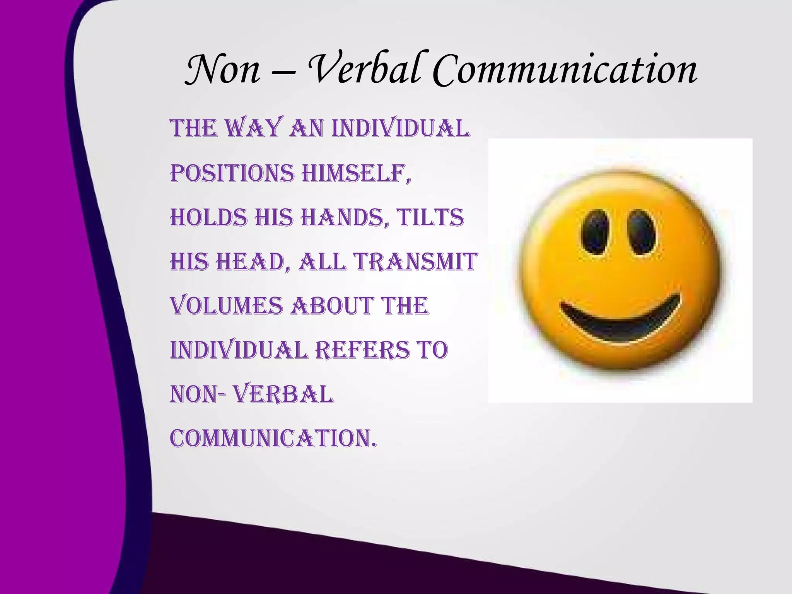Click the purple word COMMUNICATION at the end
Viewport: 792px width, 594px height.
pyautogui.click(x=273, y=439)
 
